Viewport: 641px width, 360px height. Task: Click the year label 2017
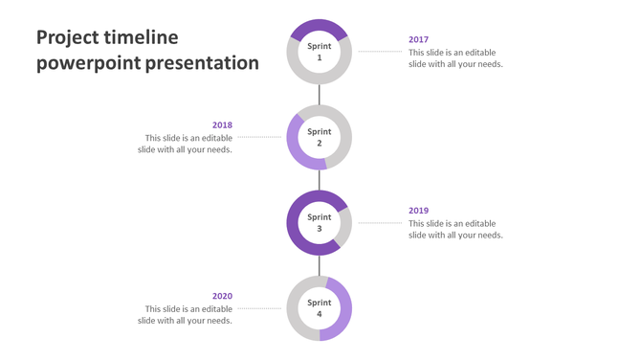[418, 40]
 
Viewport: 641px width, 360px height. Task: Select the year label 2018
[222, 125]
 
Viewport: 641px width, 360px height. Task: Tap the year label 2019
[418, 211]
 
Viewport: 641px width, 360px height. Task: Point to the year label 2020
[222, 297]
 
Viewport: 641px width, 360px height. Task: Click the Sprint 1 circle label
[320, 52]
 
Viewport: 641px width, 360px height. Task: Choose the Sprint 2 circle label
[320, 137]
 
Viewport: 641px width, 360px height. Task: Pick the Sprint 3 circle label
[320, 222]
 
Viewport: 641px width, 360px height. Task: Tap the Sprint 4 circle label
[320, 308]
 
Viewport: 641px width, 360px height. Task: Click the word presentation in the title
[203, 63]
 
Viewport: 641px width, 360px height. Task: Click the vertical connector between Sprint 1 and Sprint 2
[320, 94]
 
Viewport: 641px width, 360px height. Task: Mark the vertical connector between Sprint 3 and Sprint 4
[320, 265]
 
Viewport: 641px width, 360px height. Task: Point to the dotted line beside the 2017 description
[380, 52]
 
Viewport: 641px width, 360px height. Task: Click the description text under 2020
[187, 315]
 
